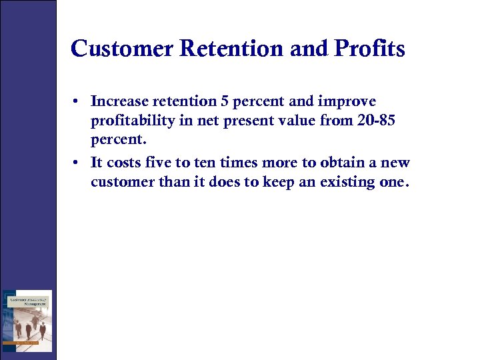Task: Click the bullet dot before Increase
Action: point(78,102)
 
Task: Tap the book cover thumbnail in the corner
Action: point(27,321)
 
